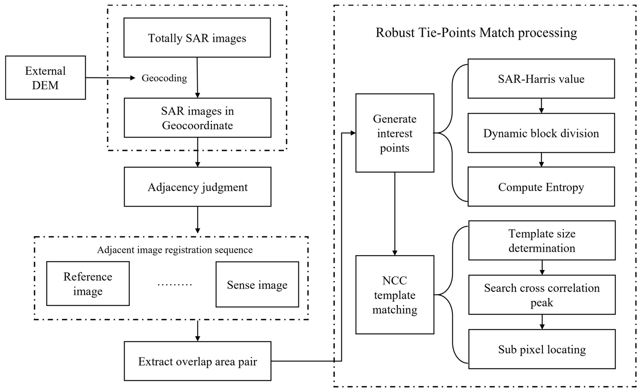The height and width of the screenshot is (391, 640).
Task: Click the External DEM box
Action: pos(45,78)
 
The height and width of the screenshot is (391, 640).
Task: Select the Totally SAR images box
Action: pos(197,38)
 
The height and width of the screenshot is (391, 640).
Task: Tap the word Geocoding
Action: pos(164,78)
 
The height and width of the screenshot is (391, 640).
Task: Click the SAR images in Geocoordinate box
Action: pos(197,118)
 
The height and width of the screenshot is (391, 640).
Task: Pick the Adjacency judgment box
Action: pos(197,187)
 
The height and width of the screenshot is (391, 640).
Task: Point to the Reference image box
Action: pos(88,284)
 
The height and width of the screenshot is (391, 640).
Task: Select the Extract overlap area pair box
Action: pos(197,361)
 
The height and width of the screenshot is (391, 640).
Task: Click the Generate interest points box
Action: pos(395,133)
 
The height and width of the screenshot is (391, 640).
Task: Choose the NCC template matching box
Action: pos(395,295)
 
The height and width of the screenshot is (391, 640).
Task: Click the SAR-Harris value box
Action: pos(541,79)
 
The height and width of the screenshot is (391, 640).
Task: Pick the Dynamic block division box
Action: pos(541,133)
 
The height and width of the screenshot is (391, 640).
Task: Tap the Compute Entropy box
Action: pos(541,187)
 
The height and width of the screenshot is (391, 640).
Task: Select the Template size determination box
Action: pos(542,240)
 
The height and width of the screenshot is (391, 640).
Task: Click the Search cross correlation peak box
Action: pos(542,295)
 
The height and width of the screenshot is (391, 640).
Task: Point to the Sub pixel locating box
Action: pos(542,349)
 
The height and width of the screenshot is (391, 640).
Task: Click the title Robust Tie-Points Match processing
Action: pos(476,33)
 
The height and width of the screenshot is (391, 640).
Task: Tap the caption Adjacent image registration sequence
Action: pos(175,250)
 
